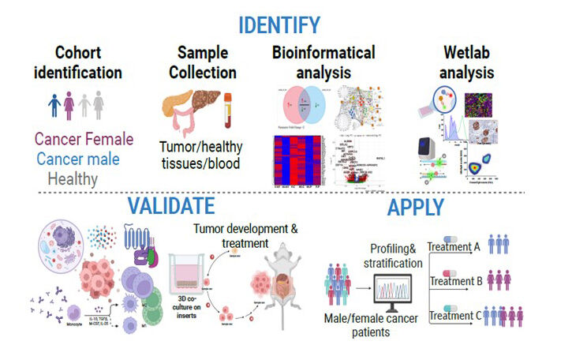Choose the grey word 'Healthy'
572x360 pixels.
(x=71, y=178)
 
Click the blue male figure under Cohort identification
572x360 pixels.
(x=54, y=106)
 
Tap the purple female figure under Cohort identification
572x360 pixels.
(x=69, y=106)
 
